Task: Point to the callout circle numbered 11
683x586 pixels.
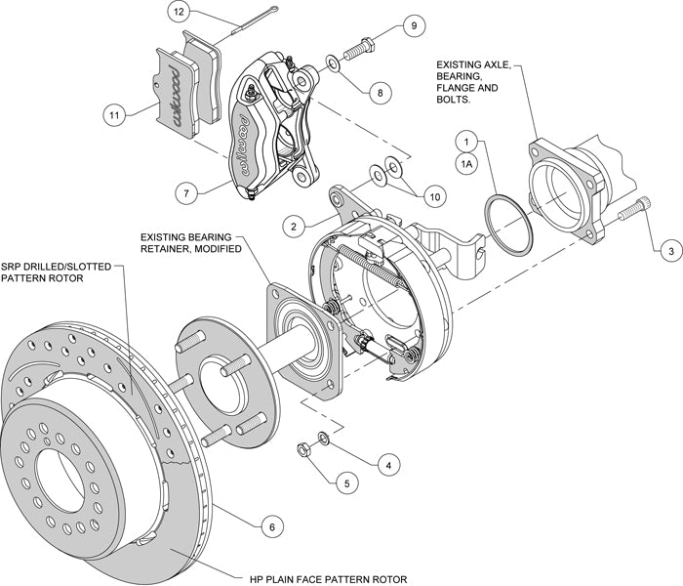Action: click(x=116, y=114)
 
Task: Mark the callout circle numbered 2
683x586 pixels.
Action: click(x=291, y=227)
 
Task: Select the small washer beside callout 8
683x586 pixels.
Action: click(x=333, y=64)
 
